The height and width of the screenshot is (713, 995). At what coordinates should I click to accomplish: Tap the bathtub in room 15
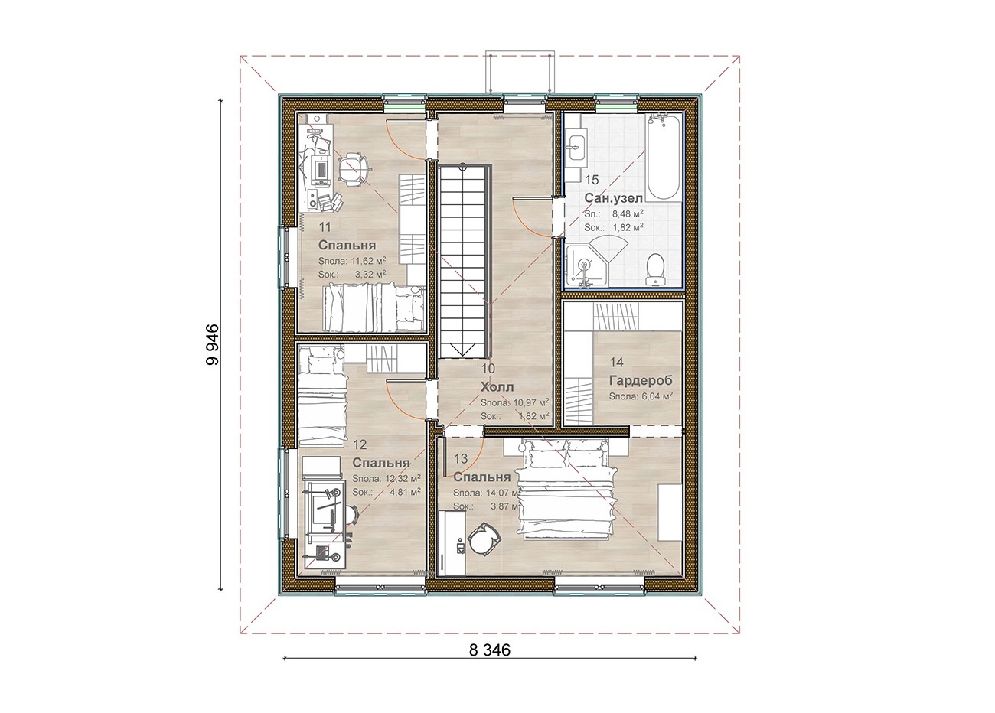click(x=663, y=158)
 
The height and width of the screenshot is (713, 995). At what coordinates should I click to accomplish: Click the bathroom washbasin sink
click(x=576, y=146)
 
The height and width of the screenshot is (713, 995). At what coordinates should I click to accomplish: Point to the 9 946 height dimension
click(x=213, y=343)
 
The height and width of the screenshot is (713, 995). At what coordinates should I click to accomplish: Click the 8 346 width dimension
click(x=490, y=650)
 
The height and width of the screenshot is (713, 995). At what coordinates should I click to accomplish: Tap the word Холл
click(x=497, y=386)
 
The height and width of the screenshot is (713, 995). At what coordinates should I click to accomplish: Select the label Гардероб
click(x=641, y=381)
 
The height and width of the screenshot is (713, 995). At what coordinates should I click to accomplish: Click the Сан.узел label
click(x=613, y=198)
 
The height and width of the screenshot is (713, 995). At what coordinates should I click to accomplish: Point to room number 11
click(x=325, y=227)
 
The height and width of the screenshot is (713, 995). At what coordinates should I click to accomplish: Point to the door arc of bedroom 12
click(x=400, y=403)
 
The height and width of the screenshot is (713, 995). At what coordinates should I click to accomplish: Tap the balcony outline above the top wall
click(x=520, y=74)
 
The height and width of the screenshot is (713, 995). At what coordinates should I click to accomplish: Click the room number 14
click(x=616, y=363)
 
